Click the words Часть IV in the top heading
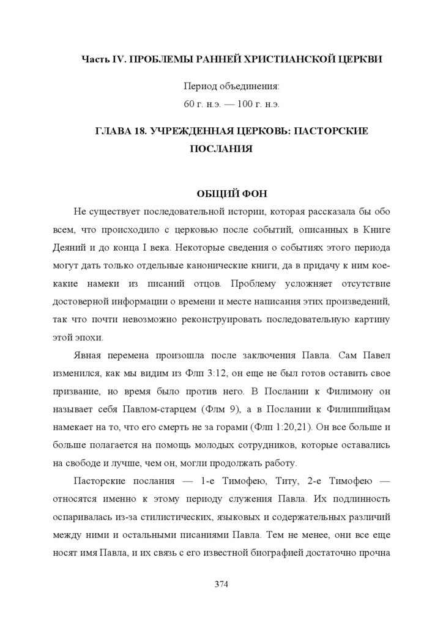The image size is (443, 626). tap(103, 59)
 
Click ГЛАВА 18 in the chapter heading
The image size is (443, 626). tap(119, 132)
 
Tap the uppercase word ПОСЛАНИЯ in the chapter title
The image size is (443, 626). tap(221, 149)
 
